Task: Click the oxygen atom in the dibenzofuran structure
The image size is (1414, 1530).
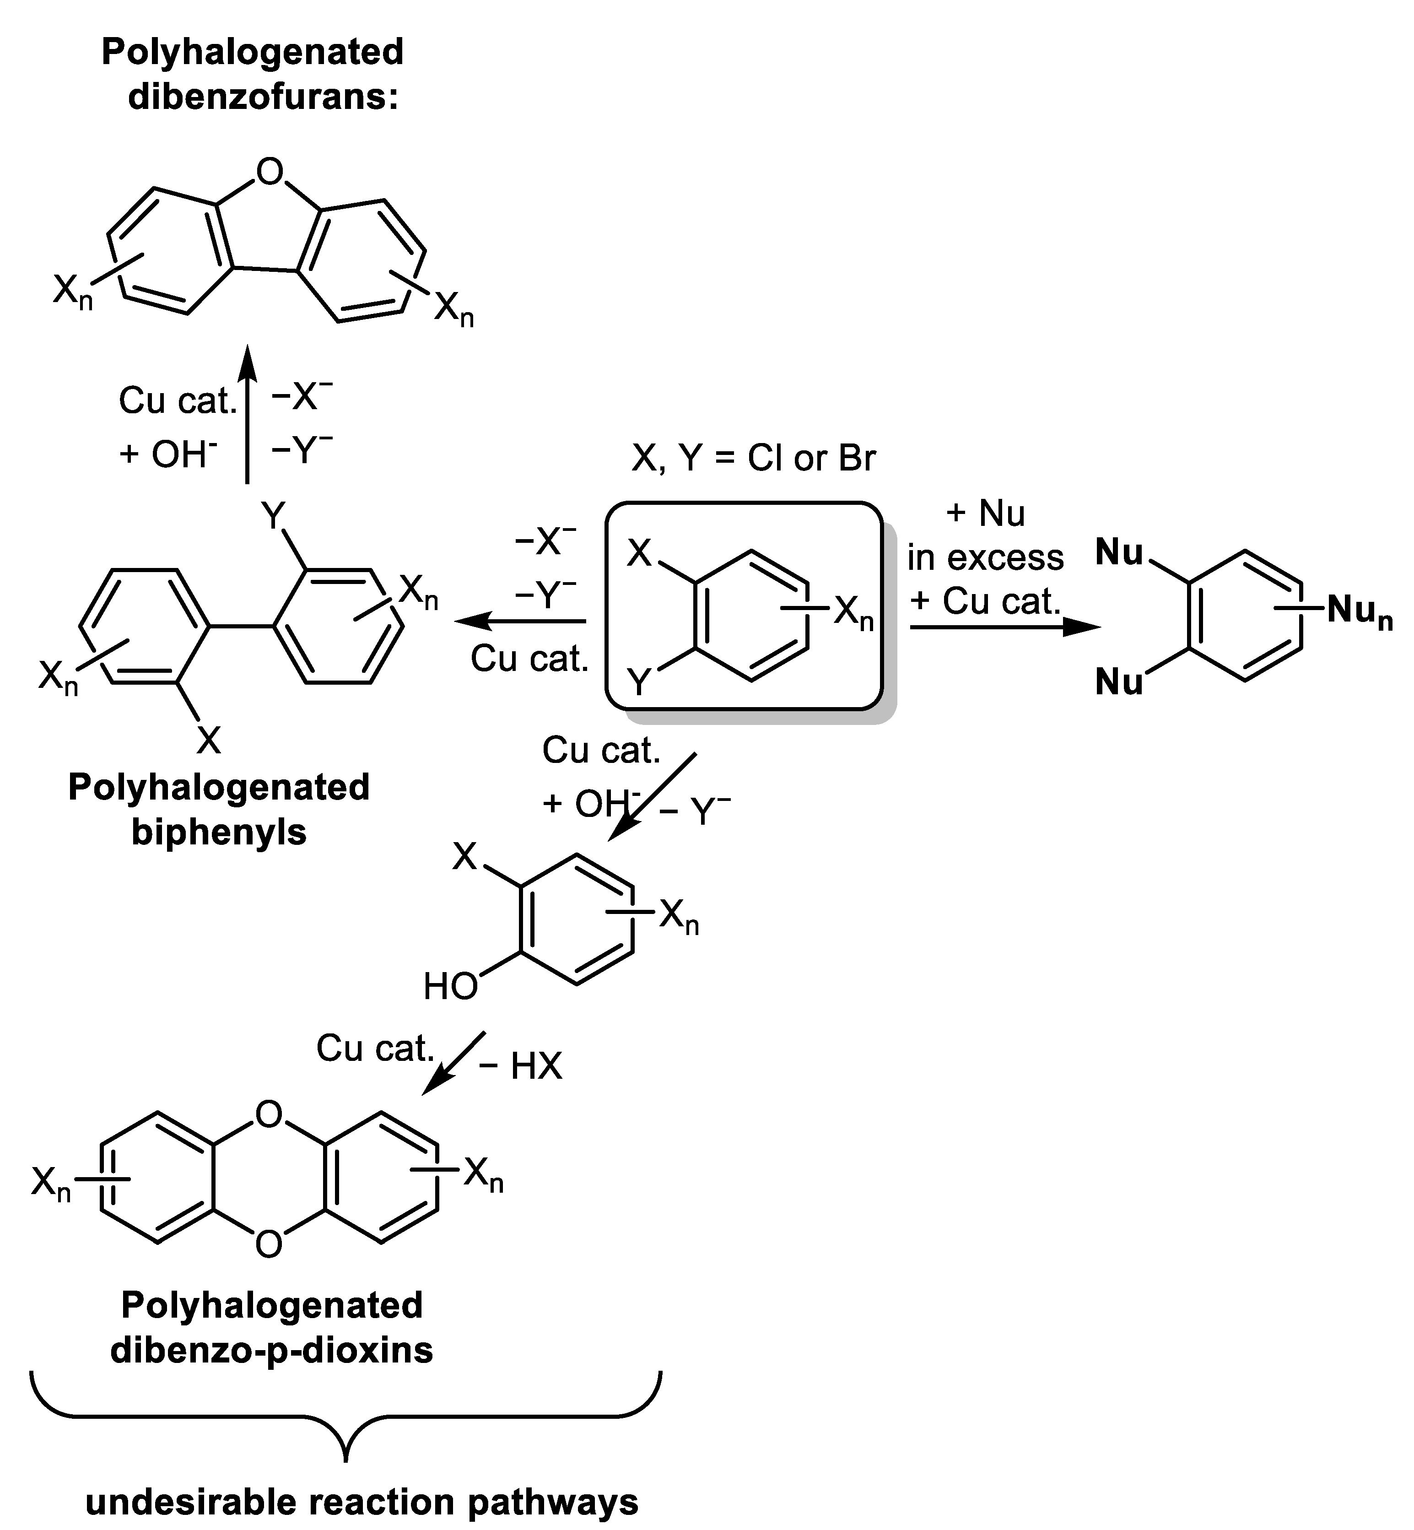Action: [x=270, y=172]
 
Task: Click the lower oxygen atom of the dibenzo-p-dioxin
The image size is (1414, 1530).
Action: [x=269, y=1244]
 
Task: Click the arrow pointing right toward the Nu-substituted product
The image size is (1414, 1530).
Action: [x=1004, y=627]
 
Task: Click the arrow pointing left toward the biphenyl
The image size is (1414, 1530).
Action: [x=520, y=622]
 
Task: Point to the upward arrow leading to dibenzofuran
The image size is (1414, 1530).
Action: [x=247, y=413]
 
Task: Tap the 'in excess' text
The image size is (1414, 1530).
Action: [x=986, y=557]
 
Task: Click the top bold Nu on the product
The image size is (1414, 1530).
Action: [x=1119, y=552]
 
